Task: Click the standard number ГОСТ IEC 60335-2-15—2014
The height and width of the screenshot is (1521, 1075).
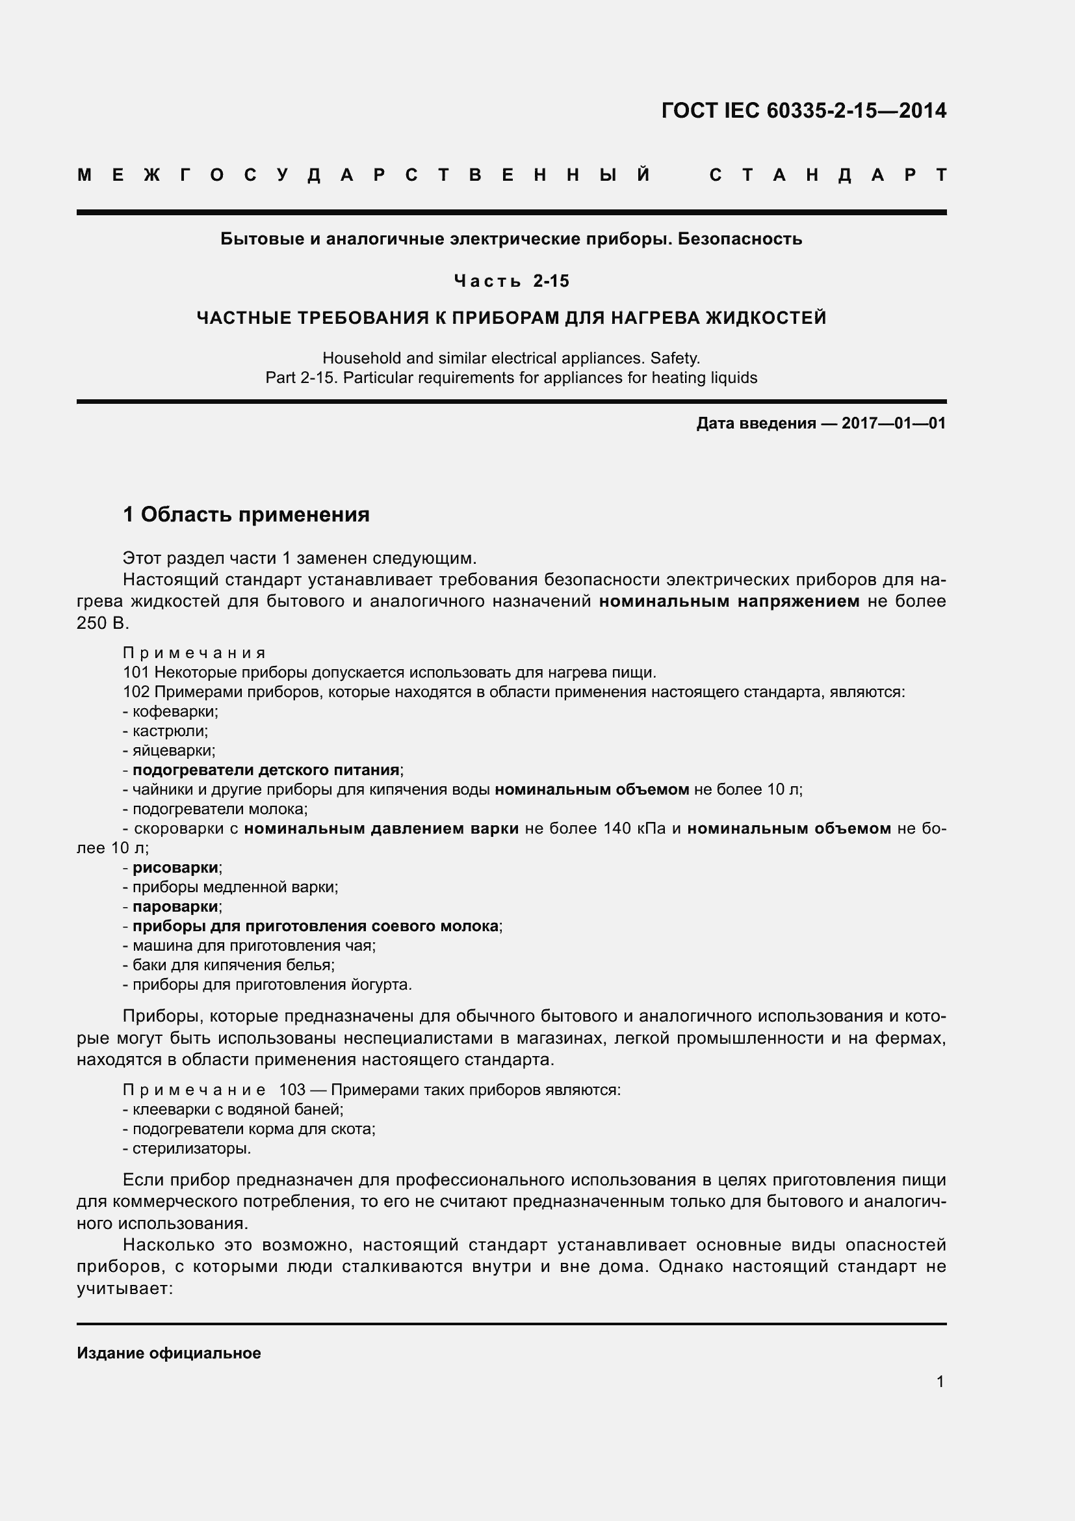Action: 803,111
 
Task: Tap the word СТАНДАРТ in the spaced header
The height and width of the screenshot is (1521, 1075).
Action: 827,176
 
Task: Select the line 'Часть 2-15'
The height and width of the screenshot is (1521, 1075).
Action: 511,282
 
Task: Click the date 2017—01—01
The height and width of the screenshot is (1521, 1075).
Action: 894,423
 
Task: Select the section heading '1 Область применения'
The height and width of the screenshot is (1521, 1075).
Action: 246,515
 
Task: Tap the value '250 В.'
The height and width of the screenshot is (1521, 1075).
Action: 103,624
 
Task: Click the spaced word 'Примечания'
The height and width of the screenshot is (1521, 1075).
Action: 194,654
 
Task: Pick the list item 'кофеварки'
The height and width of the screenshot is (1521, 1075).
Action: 175,711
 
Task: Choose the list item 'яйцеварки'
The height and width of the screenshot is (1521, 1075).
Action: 174,750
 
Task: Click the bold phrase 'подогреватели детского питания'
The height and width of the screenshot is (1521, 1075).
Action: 266,770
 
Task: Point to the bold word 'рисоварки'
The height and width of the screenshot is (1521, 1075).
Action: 175,868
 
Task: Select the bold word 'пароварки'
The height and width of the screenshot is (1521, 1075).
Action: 175,906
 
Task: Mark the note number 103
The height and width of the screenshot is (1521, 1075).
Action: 292,1090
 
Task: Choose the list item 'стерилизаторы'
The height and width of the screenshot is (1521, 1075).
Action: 190,1148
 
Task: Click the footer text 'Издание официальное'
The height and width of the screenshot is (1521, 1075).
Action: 169,1353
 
